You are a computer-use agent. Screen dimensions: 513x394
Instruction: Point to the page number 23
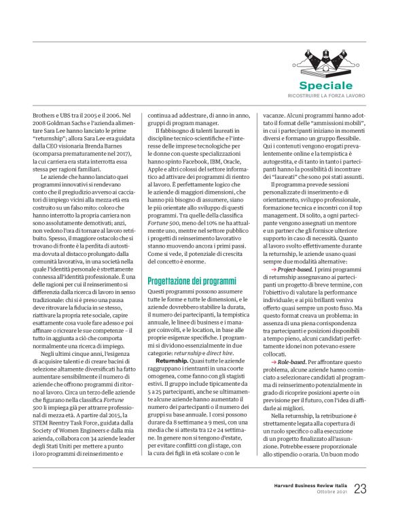(359, 489)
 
